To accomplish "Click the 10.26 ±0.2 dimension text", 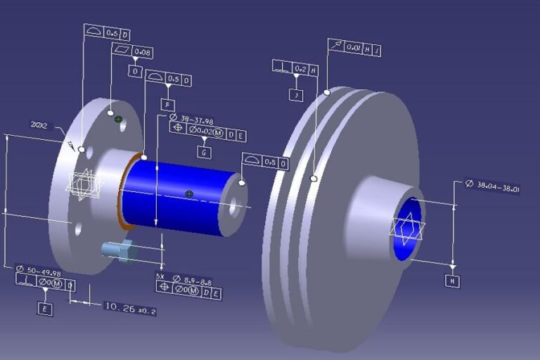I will [130, 307].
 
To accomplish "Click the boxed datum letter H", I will [452, 281].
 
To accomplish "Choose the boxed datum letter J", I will [296, 95].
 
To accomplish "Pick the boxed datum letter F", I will [167, 105].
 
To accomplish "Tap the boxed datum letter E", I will [45, 308].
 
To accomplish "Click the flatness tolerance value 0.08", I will [142, 52].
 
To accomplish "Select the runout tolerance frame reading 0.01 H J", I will [355, 49].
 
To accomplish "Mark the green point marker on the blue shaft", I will [188, 193].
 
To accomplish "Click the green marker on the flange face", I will [118, 120].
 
